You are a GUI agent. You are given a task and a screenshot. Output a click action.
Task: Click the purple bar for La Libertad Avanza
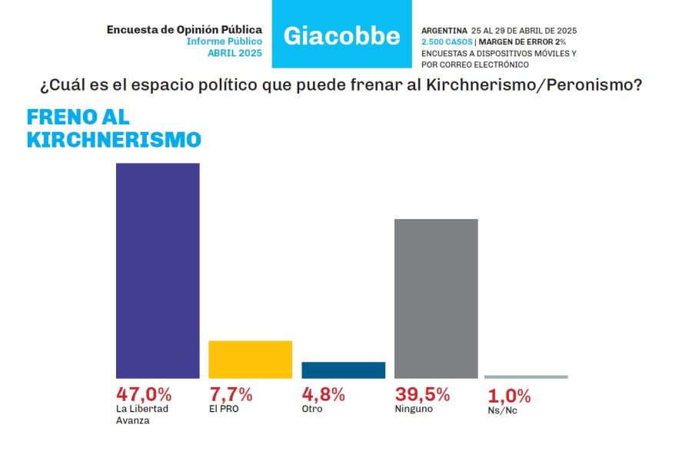158,270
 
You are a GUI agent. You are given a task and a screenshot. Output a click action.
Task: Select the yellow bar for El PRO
251,359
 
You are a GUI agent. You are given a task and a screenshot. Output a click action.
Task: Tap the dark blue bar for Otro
343,370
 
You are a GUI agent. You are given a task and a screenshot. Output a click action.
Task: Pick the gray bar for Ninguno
436,298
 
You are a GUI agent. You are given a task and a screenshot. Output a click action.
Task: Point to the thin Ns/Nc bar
526,376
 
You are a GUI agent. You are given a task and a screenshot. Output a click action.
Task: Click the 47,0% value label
144,394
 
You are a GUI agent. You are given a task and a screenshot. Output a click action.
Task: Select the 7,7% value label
231,394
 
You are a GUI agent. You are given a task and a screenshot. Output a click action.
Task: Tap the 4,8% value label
324,394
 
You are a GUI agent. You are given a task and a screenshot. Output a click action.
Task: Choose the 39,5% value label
422,394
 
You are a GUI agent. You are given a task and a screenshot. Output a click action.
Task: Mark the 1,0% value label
510,396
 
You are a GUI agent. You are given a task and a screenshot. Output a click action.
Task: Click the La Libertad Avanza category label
141,414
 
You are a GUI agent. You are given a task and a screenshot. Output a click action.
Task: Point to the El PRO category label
224,409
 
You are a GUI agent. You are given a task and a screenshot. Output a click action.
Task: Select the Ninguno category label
414,409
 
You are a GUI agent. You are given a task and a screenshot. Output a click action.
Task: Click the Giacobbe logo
342,35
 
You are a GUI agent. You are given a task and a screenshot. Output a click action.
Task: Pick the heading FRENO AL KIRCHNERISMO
114,128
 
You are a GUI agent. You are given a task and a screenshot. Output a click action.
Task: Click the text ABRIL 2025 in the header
235,53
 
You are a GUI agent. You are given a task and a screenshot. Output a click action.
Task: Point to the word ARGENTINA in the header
444,30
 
